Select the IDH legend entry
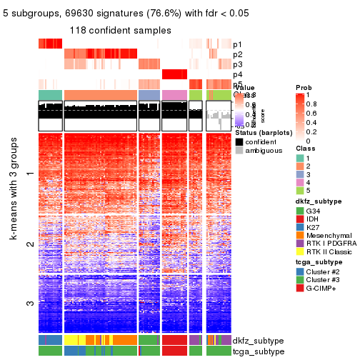299,221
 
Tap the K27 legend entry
299,231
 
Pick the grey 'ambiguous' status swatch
239,151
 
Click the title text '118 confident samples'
120,30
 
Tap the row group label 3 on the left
29,304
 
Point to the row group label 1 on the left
29,173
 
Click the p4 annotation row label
237,74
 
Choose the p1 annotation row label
237,44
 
